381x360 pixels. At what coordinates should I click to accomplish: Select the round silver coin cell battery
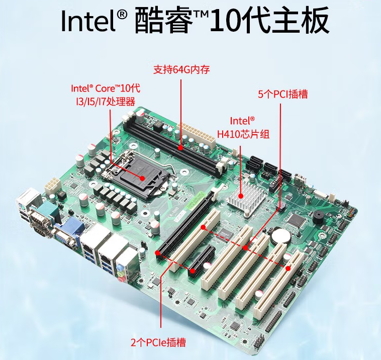click(x=280, y=234)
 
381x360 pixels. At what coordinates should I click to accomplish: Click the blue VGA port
click(x=67, y=236)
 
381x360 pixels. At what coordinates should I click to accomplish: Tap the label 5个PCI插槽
click(x=282, y=94)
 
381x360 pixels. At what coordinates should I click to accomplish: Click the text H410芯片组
click(x=243, y=133)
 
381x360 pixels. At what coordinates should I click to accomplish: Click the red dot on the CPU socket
click(x=143, y=178)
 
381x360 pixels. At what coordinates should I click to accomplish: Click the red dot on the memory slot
click(x=181, y=148)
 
